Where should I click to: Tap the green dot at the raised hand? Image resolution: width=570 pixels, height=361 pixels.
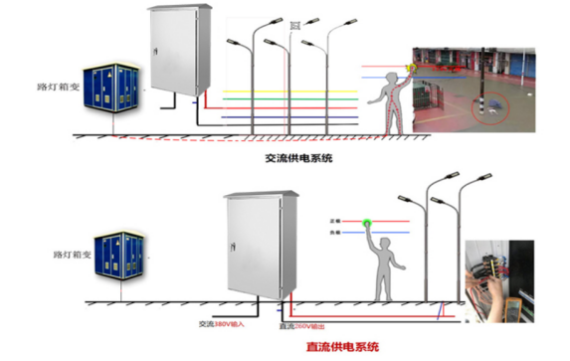pos(369,221)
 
